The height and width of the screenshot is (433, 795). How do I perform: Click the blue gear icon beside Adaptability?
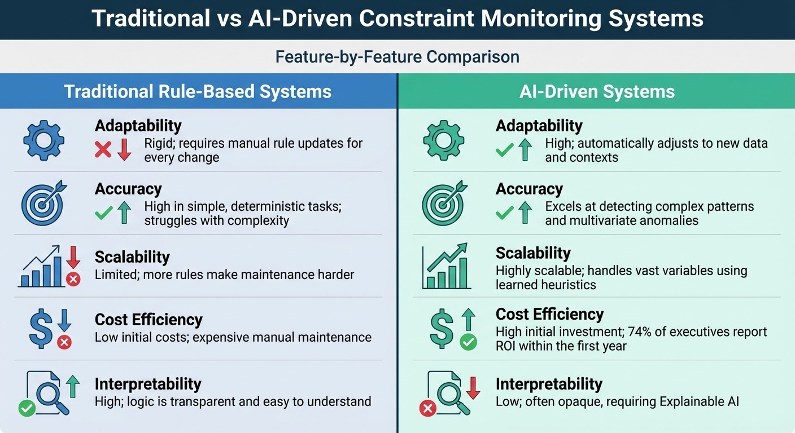click(43, 140)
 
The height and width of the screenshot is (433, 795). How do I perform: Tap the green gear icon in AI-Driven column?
click(443, 140)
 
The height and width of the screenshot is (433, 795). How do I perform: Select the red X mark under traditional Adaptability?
click(103, 149)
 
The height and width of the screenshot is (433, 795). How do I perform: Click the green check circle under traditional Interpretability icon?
click(27, 408)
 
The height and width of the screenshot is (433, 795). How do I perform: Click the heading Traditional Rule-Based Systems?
click(198, 91)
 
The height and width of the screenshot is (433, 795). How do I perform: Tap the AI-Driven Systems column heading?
click(597, 91)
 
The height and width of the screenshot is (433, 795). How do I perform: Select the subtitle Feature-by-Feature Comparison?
click(397, 57)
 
